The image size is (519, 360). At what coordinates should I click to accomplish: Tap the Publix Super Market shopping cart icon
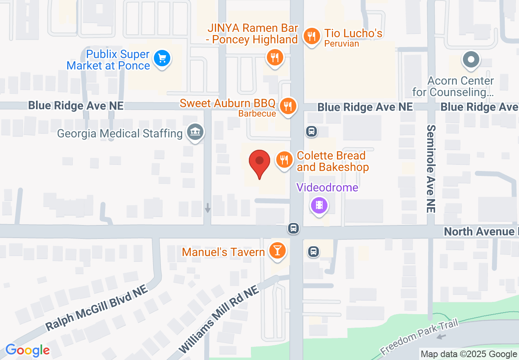(162, 59)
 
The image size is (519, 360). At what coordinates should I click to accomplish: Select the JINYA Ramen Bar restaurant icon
(275, 58)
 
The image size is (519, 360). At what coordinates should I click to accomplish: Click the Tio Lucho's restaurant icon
(312, 36)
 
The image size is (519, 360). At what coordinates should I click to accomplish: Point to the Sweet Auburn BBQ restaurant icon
(289, 106)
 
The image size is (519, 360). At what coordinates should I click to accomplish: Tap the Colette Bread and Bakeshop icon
(284, 160)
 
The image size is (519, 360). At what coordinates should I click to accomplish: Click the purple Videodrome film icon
(319, 205)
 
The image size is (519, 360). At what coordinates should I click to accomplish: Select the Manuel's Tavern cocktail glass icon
(277, 250)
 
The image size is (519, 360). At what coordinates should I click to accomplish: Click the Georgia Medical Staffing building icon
(195, 133)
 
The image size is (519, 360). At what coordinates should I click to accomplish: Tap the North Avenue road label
(479, 232)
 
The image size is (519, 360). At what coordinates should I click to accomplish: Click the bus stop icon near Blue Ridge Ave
(311, 131)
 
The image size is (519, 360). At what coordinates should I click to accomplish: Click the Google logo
(27, 350)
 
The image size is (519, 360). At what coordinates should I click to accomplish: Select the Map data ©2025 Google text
(469, 354)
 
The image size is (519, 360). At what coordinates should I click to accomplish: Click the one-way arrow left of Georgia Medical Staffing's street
(208, 208)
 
